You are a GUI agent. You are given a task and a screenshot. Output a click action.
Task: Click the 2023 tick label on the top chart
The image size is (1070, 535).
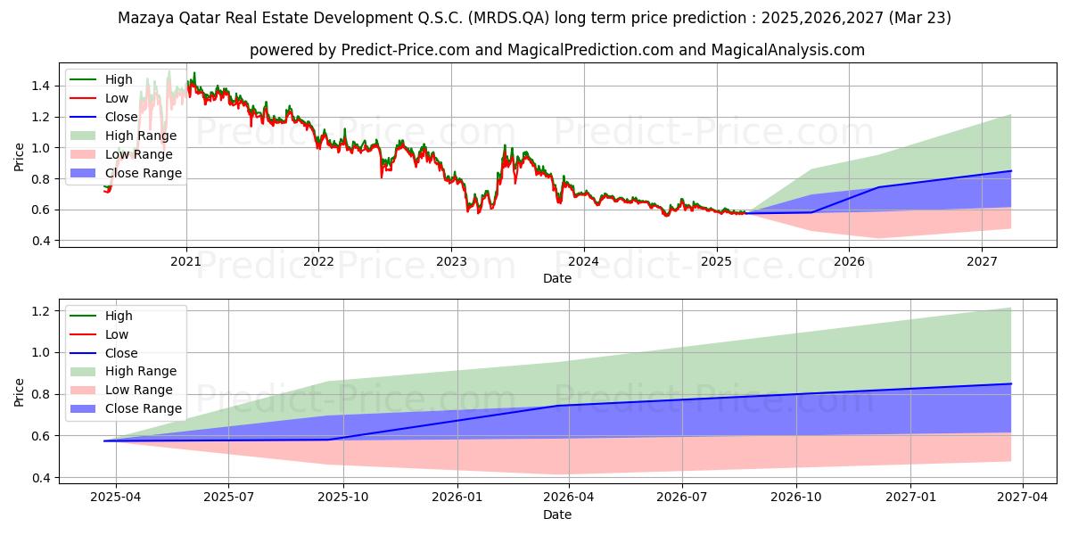[451, 262]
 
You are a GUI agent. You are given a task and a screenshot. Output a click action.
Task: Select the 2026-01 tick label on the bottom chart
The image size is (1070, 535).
[457, 498]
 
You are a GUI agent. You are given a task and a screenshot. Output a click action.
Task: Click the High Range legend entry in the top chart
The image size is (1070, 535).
[124, 136]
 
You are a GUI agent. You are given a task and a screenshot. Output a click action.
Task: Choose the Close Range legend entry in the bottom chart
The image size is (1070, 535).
[126, 408]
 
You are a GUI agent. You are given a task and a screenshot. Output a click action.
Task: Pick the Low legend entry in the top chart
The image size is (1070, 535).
[99, 98]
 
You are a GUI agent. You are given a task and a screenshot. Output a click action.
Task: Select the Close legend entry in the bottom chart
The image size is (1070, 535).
[104, 353]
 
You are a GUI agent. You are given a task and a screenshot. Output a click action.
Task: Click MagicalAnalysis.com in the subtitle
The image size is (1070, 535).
[787, 50]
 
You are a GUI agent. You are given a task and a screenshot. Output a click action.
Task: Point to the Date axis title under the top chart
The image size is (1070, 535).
[557, 278]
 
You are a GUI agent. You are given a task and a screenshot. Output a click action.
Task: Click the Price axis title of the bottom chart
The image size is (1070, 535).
[19, 392]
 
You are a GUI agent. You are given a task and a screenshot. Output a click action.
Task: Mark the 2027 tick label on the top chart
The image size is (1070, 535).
[982, 262]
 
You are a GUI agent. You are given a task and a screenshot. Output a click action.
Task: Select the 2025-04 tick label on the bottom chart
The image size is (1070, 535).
[116, 498]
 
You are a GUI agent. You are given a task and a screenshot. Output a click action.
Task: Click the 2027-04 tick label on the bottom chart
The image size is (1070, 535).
[1022, 498]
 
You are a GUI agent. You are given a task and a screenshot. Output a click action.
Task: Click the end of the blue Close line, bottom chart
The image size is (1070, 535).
[1011, 383]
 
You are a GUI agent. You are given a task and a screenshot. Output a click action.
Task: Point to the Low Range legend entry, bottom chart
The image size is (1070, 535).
[121, 390]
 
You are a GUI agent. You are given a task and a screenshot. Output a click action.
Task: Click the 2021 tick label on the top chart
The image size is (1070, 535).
[185, 262]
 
